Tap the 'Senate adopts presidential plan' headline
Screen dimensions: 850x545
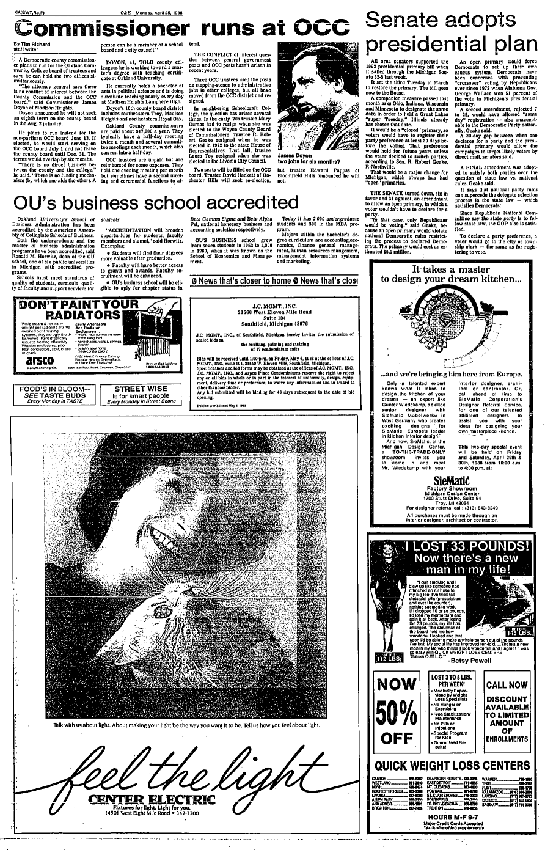(448, 32)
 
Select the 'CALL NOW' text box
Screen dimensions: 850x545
(506, 684)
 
